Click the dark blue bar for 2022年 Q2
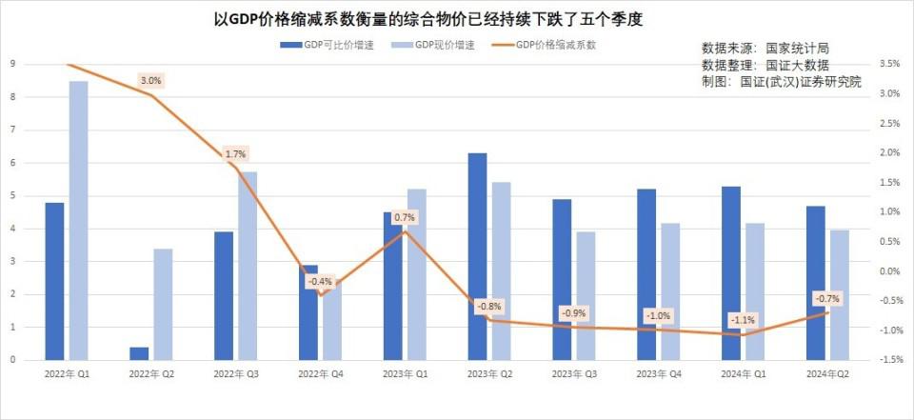coord(139,353)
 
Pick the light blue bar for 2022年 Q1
coord(78,220)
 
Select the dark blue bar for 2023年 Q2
coord(478,256)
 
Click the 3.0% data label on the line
coord(150,81)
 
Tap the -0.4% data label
coord(320,282)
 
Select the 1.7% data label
coord(235,154)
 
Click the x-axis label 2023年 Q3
coord(574,375)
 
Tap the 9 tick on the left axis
coord(12,65)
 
